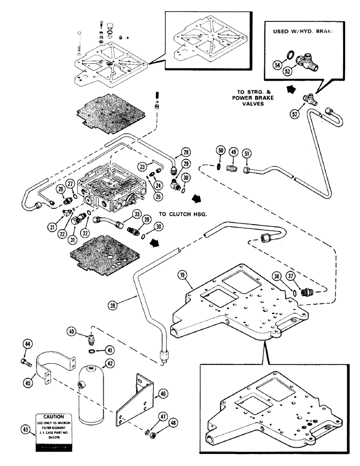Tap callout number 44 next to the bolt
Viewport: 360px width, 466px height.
(x=28, y=344)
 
